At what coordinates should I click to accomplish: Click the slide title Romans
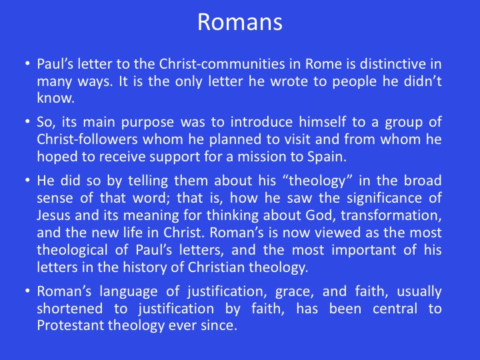[x=240, y=22]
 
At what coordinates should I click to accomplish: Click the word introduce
[x=261, y=122]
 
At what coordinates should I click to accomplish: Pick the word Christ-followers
[x=87, y=139]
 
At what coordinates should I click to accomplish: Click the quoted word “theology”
[x=315, y=181]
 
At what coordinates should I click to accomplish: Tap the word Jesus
[x=53, y=215]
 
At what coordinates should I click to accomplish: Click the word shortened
[x=70, y=309]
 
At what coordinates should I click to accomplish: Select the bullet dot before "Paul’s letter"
[x=27, y=64]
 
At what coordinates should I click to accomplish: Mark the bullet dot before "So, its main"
[x=27, y=122]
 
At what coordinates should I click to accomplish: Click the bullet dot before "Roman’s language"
[x=27, y=291]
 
